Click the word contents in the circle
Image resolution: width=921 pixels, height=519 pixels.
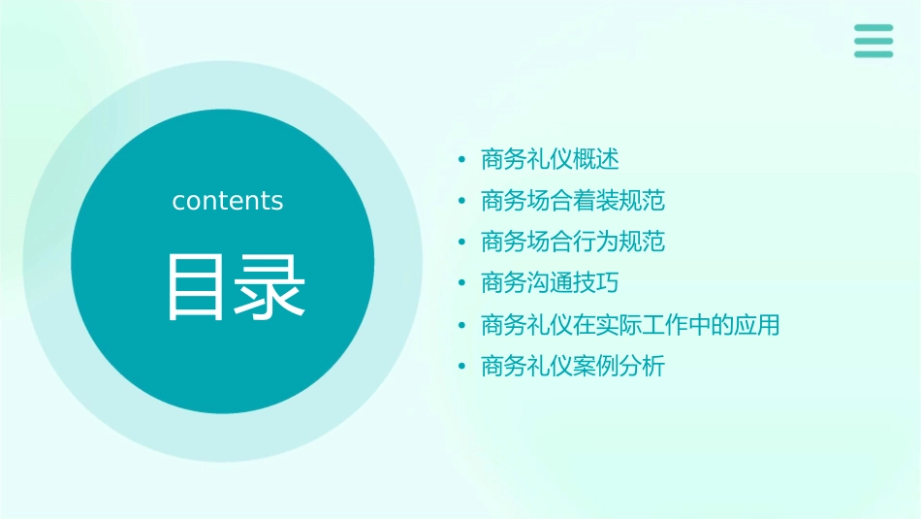(228, 201)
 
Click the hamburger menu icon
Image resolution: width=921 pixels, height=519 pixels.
(873, 41)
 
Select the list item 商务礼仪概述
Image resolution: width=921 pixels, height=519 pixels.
(550, 159)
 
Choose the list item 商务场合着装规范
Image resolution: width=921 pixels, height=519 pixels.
(573, 201)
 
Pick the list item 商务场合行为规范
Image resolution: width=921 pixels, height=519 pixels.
(573, 242)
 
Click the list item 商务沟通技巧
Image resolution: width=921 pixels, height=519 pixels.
(550, 283)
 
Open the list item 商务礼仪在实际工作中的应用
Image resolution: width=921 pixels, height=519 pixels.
(630, 325)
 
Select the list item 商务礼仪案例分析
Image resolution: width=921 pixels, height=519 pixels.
(573, 367)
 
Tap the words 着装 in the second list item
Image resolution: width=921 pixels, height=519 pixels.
(596, 201)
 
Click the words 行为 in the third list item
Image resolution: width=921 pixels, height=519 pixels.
(596, 242)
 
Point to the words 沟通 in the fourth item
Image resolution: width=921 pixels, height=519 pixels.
(550, 283)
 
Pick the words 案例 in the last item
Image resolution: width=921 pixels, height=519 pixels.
(596, 367)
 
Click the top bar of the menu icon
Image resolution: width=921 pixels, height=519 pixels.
(873, 27)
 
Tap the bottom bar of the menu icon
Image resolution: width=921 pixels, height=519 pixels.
(873, 54)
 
